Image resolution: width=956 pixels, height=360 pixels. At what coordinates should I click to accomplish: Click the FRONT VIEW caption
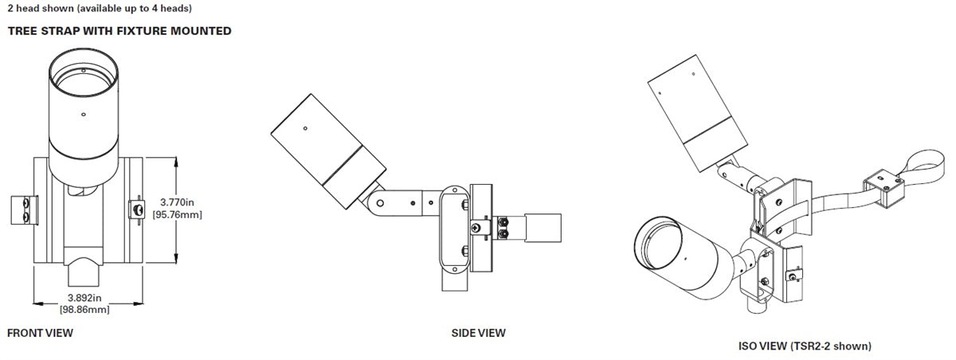[x=40, y=333]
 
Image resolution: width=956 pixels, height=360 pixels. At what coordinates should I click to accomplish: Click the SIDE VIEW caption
[x=478, y=333]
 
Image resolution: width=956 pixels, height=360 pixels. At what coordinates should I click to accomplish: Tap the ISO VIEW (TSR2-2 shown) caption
[x=805, y=346]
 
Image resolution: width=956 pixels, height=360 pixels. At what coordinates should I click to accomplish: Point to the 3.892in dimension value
[x=84, y=299]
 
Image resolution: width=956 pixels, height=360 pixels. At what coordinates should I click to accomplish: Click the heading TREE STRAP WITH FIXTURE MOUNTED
[x=119, y=31]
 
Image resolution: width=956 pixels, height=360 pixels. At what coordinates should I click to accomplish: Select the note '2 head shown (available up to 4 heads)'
[x=99, y=9]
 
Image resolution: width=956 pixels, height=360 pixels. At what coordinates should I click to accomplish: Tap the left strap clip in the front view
[x=23, y=209]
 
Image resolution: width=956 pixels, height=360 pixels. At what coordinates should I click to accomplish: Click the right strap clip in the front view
[x=135, y=209]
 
